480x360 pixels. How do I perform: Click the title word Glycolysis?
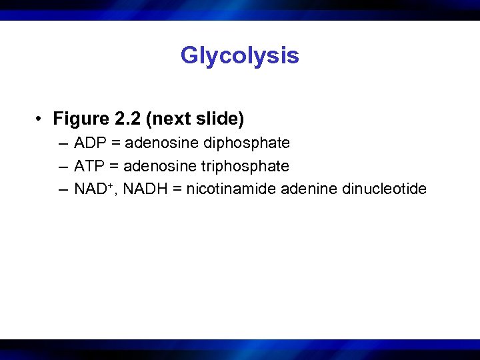tap(239, 56)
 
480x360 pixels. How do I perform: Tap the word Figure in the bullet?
tap(81, 119)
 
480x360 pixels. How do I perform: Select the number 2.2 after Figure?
tap(126, 119)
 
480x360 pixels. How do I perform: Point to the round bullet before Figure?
tap(41, 120)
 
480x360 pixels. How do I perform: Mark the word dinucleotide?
tap(384, 189)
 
